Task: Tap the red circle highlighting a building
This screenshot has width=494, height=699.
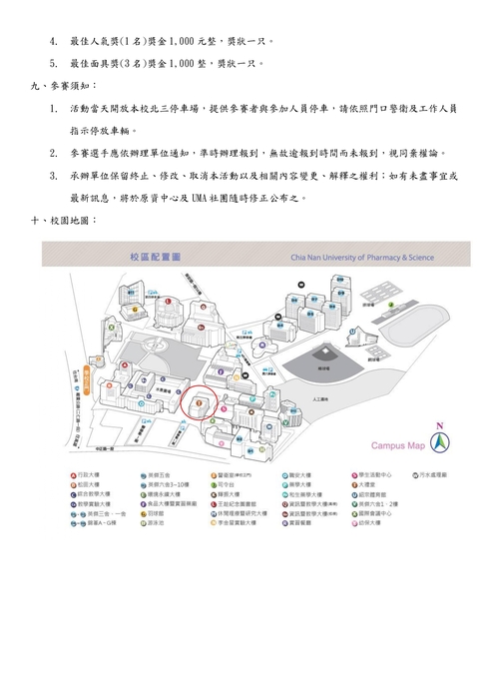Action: tap(205, 405)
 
